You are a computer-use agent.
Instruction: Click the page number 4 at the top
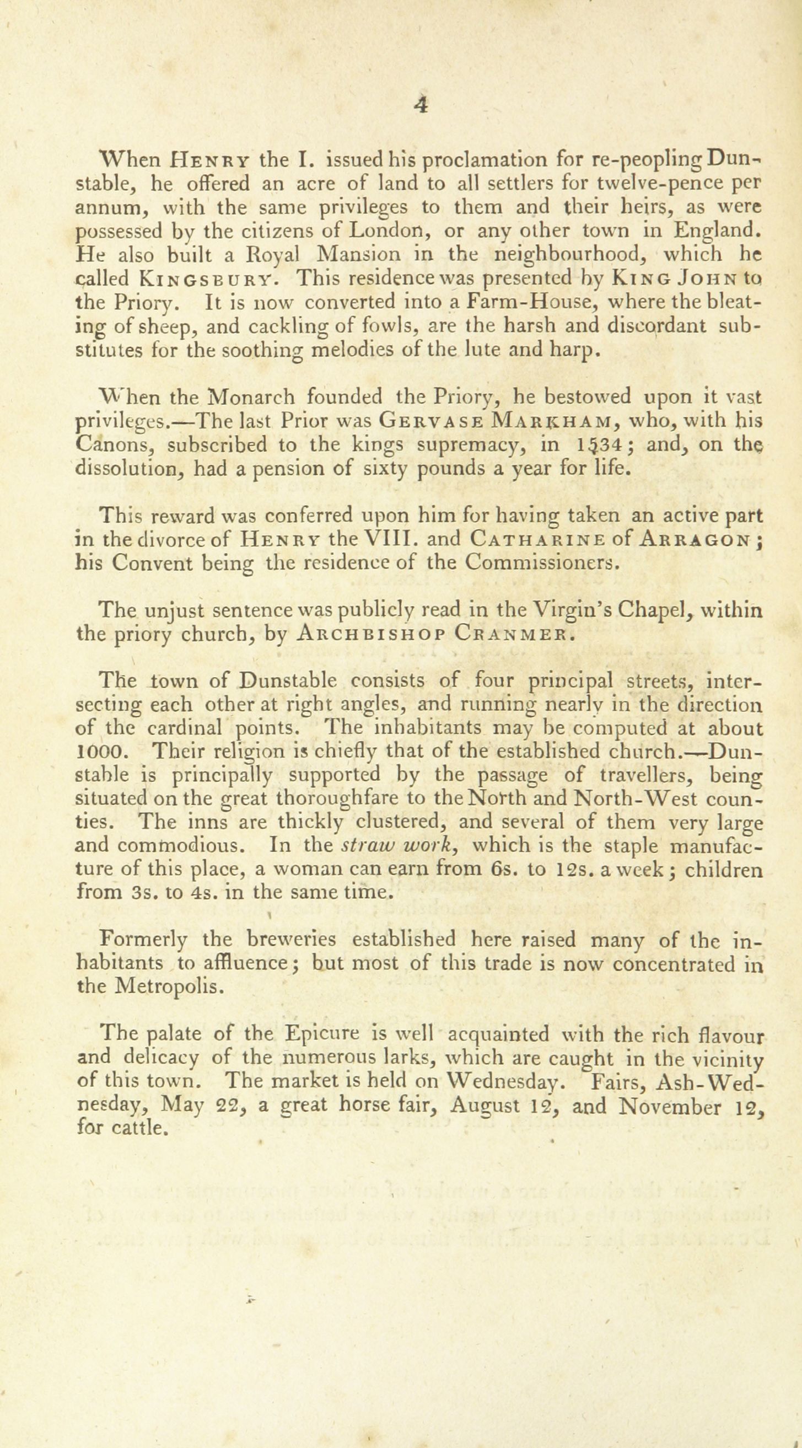pos(420,106)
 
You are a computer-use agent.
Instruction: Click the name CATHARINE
pos(537,540)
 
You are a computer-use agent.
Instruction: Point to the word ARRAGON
pos(694,540)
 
